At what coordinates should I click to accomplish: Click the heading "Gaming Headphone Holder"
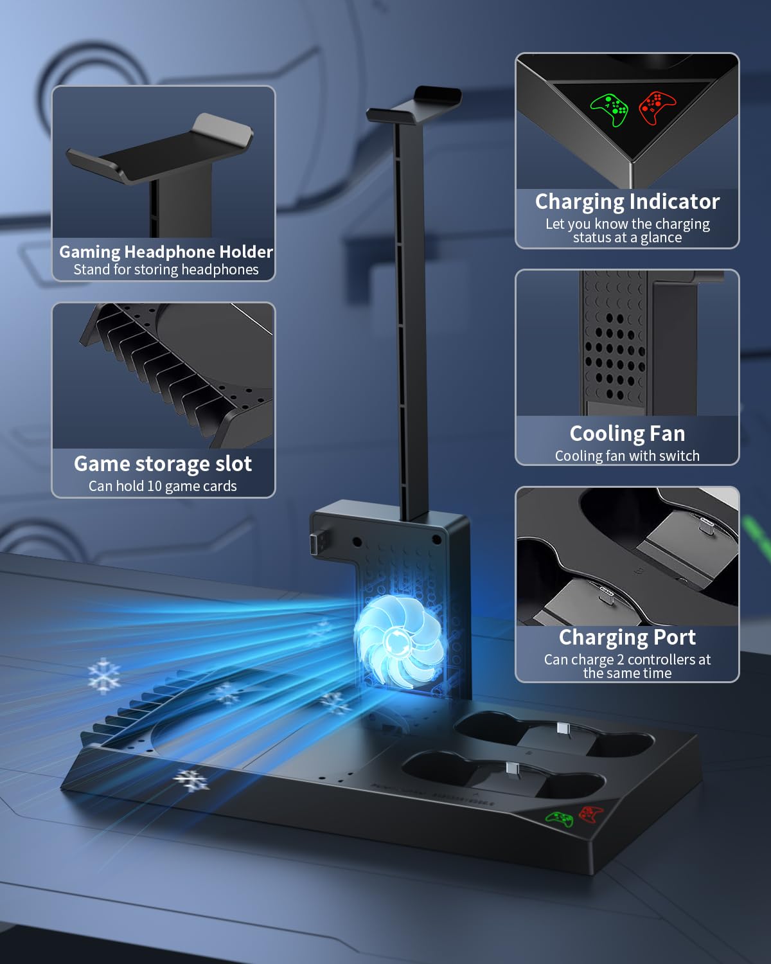tap(166, 251)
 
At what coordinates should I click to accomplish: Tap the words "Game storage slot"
tap(163, 463)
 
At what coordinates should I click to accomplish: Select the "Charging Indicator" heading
tap(627, 202)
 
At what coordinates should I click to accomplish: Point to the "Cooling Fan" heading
tap(627, 434)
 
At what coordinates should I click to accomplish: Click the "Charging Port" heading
tap(627, 638)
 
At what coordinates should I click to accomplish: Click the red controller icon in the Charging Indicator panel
tap(657, 107)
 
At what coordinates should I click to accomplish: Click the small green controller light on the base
tap(560, 818)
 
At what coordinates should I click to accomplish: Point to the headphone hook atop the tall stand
tap(415, 107)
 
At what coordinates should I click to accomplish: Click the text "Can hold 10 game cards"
tap(163, 486)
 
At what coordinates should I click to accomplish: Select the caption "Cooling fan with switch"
tap(627, 456)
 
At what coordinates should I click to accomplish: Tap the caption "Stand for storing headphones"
tap(166, 270)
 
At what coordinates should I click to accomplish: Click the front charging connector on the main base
tap(512, 768)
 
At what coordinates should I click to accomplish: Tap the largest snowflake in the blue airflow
tap(104, 675)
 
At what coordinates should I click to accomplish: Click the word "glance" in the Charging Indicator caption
tap(661, 238)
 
